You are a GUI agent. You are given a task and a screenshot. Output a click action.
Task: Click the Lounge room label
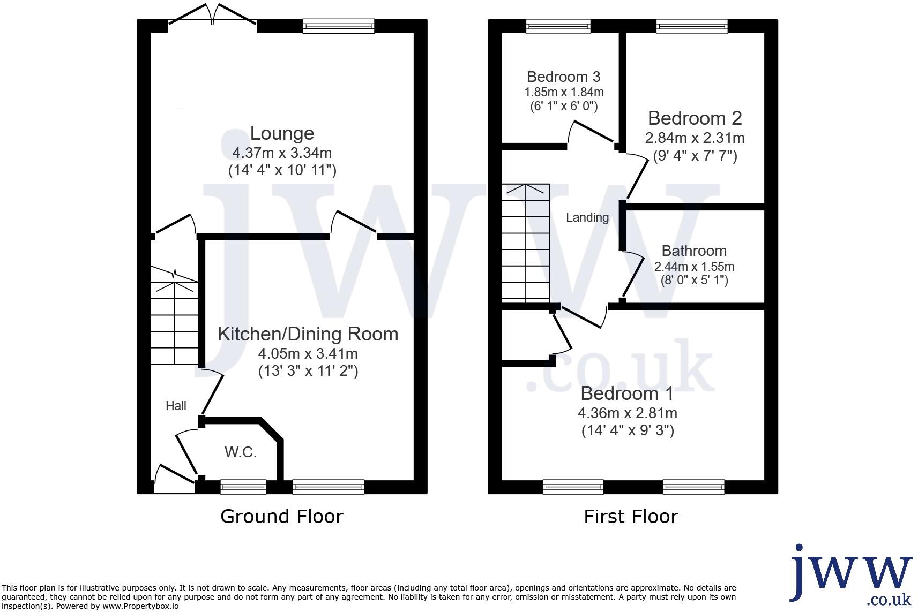(282, 133)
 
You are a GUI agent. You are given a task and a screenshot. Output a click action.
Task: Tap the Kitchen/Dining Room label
(308, 334)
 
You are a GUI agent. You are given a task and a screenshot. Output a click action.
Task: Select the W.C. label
(241, 452)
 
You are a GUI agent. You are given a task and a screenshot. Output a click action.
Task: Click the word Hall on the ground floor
(176, 406)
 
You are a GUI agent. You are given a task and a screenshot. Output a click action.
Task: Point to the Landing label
(587, 217)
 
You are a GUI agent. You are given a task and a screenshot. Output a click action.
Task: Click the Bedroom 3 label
(563, 77)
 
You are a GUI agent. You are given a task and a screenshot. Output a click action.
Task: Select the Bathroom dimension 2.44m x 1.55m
(694, 267)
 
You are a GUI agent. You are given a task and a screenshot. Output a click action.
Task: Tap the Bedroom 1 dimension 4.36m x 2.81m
(627, 413)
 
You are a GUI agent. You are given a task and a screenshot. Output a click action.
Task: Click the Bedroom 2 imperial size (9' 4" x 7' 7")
(695, 156)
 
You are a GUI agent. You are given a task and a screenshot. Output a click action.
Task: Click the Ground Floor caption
(281, 517)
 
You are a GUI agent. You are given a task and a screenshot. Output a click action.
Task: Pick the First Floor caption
(630, 517)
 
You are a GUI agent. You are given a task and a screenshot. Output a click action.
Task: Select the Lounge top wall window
(338, 26)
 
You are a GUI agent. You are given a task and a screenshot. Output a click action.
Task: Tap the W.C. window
(243, 487)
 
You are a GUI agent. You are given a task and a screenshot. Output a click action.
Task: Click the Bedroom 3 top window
(558, 26)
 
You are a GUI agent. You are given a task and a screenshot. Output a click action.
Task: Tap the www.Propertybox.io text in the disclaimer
(140, 607)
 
